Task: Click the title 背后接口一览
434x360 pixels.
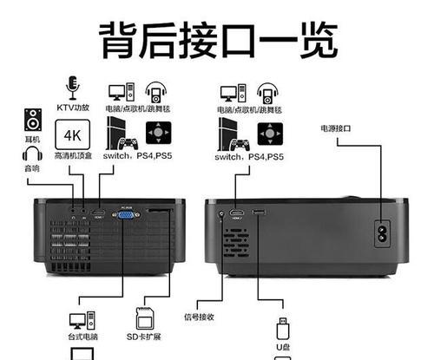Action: coord(217,39)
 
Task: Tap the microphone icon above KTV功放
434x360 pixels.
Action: coord(72,88)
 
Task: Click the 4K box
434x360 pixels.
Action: coord(71,135)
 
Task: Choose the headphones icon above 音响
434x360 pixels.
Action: coord(32,155)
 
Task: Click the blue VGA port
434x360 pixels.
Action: coord(127,216)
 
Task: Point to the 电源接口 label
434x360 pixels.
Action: coord(336,128)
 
